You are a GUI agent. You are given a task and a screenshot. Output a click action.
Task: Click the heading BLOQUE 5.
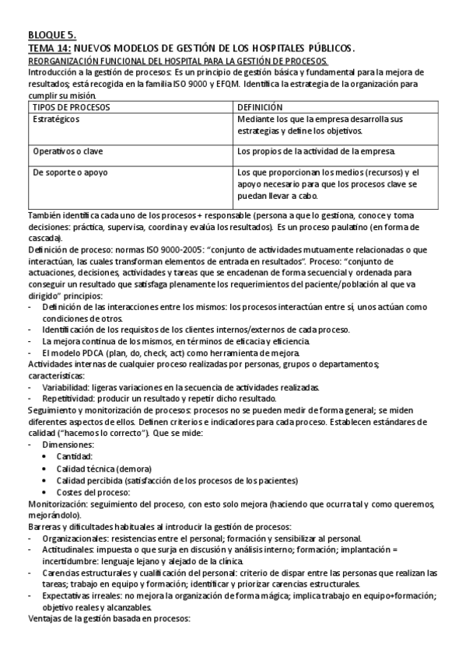pyautogui.click(x=52, y=35)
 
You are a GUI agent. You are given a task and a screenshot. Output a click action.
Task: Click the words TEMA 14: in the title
pyautogui.click(x=49, y=48)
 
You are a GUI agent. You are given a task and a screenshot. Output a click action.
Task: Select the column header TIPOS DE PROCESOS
pyautogui.click(x=72, y=106)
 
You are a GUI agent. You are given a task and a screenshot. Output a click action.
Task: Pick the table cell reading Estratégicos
pyautogui.click(x=56, y=120)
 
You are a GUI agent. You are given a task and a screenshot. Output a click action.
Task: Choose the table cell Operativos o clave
pyautogui.click(x=68, y=151)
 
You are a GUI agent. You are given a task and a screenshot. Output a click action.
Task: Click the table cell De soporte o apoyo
pyautogui.click(x=70, y=173)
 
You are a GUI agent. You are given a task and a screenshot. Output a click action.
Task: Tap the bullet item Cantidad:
pyautogui.click(x=75, y=456)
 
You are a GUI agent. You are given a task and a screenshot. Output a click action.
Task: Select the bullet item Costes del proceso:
pyautogui.click(x=93, y=492)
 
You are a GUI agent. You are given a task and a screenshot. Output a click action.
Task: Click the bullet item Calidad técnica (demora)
pyautogui.click(x=104, y=469)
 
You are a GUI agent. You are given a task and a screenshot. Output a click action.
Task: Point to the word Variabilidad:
pyautogui.click(x=66, y=387)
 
